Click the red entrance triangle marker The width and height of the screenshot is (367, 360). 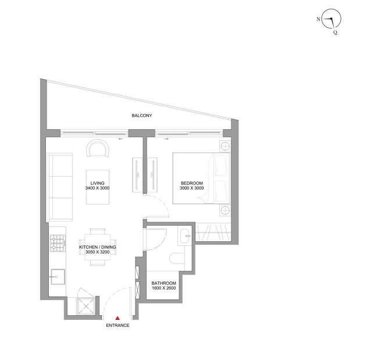pos(117,318)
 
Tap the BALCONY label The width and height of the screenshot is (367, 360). pos(142,115)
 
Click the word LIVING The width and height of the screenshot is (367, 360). pos(97,183)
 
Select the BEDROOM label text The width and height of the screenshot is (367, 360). pos(192,183)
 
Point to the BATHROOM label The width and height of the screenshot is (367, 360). pos(164,283)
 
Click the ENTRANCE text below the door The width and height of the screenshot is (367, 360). pos(117,325)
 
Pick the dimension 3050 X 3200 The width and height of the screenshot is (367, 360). pos(97,252)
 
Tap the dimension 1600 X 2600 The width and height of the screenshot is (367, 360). pos(164,288)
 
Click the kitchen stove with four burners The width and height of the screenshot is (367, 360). pos(58,243)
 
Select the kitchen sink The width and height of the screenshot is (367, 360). pos(58,277)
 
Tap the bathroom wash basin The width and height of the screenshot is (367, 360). pos(186,236)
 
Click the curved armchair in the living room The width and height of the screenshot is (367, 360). pos(98,148)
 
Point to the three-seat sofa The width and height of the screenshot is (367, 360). pos(60,187)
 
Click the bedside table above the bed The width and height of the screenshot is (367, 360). pos(225,147)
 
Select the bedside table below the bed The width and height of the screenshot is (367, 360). pos(225,210)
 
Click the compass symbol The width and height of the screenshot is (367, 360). pos(331,19)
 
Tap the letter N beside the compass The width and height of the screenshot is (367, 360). pos(318,19)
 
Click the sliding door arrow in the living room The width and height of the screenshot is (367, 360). pos(121,139)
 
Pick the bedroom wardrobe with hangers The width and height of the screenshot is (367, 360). pos(213,232)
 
